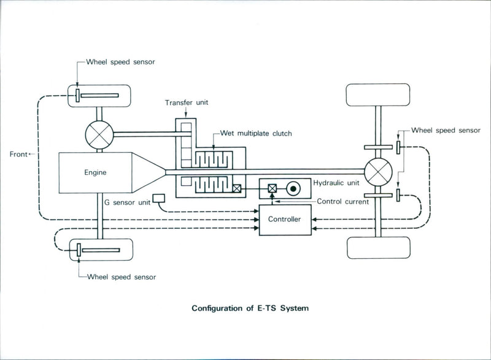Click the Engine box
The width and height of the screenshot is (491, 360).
(95, 172)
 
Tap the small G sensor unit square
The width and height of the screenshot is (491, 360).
(160, 198)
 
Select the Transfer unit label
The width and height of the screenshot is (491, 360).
(186, 102)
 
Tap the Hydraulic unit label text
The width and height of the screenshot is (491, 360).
(335, 183)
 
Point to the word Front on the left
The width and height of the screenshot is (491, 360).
(18, 155)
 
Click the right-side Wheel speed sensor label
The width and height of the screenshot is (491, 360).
(446, 130)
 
